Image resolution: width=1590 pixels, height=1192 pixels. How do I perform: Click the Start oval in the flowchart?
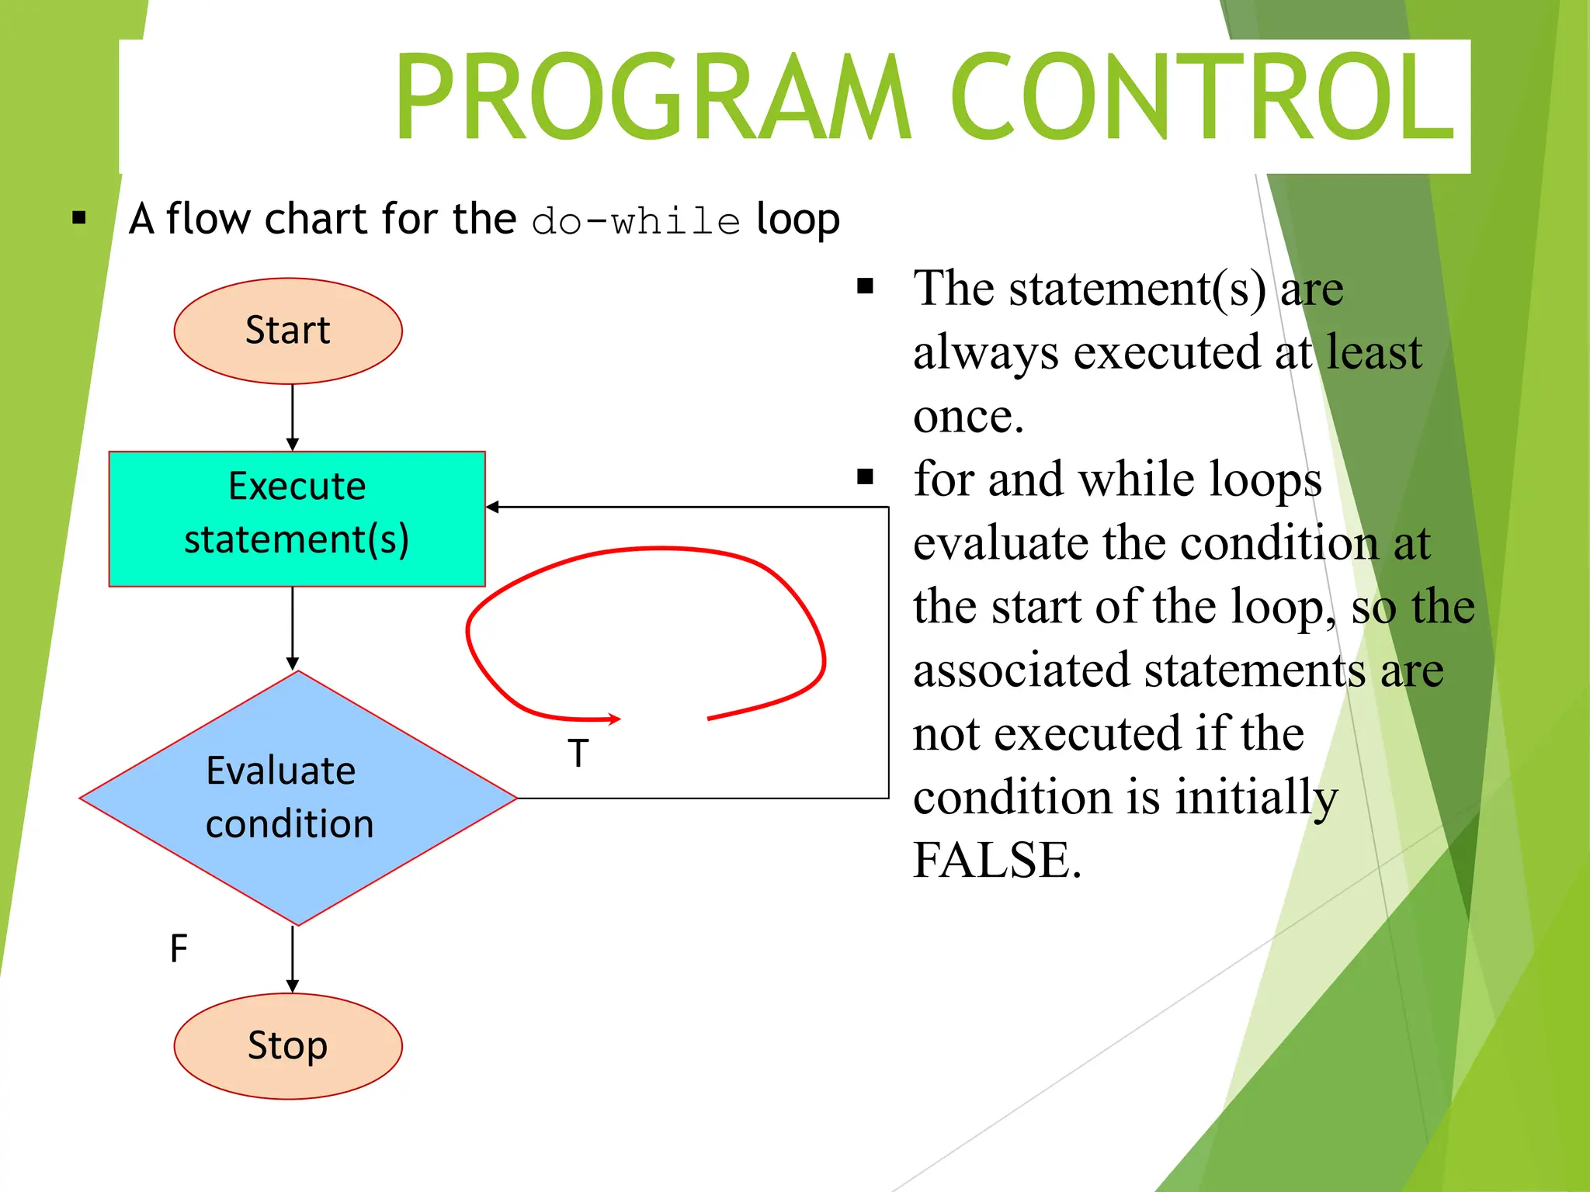click(x=288, y=331)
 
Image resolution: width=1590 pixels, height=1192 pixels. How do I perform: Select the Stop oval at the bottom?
click(x=288, y=1045)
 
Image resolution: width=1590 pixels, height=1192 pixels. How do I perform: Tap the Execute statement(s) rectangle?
click(x=297, y=518)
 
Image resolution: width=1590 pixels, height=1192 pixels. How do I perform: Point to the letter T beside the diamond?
click(x=578, y=753)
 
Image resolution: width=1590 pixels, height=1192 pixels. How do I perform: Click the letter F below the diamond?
click(x=179, y=948)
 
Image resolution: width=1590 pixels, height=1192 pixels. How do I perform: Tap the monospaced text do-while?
click(x=636, y=221)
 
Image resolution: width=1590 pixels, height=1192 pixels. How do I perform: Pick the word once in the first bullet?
click(x=968, y=416)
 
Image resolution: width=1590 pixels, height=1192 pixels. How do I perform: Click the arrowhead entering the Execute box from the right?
click(x=492, y=507)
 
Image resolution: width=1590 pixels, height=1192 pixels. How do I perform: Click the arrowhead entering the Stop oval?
click(x=293, y=986)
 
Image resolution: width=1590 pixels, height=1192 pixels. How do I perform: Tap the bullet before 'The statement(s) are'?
click(x=866, y=287)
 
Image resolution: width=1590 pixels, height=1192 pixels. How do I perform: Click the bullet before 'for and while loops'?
click(x=866, y=476)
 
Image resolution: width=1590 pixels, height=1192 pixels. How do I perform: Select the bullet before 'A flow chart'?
click(x=78, y=218)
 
